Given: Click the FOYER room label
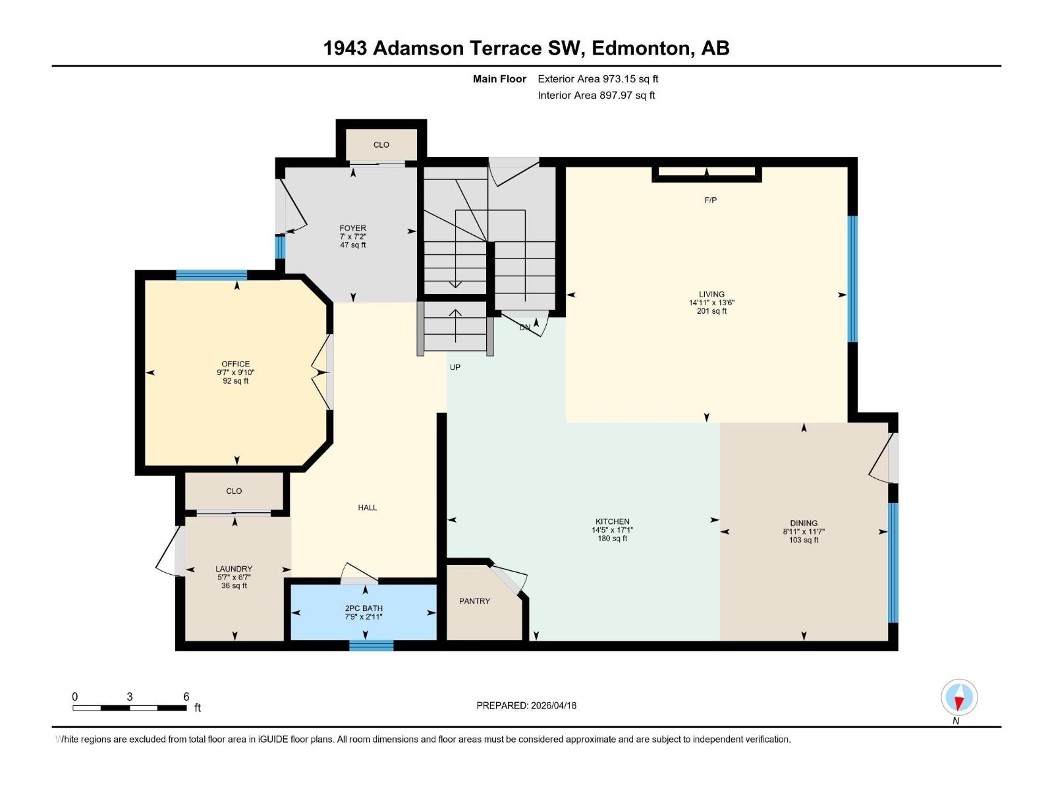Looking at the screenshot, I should (x=352, y=228).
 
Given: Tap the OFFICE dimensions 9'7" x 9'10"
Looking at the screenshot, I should (x=235, y=372).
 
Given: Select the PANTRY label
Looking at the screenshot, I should (x=474, y=601).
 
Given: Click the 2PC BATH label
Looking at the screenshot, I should (x=364, y=608).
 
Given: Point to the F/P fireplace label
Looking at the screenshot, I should (x=710, y=200).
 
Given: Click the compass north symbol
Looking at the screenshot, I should (x=958, y=698).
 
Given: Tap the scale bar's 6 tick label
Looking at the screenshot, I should (x=186, y=697).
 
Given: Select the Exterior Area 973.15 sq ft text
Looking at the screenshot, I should (x=597, y=79).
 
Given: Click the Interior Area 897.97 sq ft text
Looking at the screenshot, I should (x=596, y=96).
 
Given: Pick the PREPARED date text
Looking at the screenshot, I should (x=526, y=705).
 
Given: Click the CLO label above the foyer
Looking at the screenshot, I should (x=381, y=145).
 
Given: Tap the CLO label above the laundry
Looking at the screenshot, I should (x=234, y=491).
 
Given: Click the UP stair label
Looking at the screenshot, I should (x=455, y=367).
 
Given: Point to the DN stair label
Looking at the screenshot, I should (x=525, y=328).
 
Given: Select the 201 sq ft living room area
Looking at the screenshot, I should (x=711, y=311).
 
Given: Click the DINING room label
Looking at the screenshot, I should (x=804, y=523).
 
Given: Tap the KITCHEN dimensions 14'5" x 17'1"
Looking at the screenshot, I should (x=612, y=530).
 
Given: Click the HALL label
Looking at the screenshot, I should (x=368, y=508).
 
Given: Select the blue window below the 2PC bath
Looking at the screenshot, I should (x=371, y=645).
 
